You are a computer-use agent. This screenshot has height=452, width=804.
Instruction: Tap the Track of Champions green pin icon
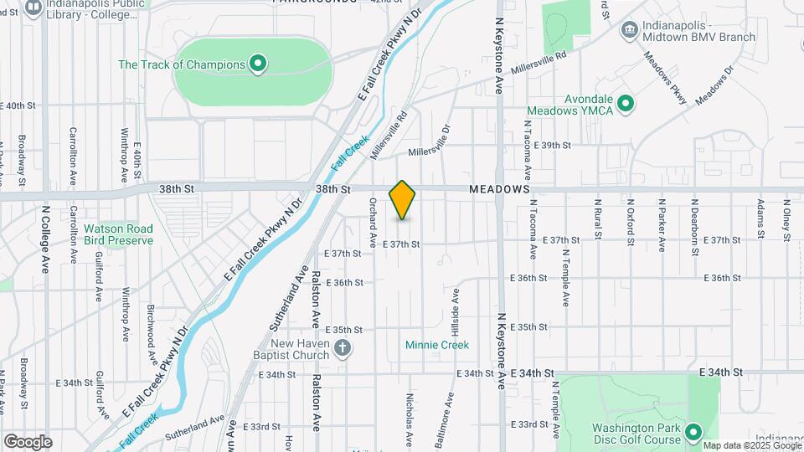[x=259, y=64]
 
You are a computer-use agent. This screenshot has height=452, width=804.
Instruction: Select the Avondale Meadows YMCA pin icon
[x=623, y=105]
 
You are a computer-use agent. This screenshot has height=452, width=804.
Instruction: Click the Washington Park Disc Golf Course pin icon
[x=693, y=433]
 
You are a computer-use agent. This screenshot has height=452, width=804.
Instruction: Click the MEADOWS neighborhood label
[x=499, y=190]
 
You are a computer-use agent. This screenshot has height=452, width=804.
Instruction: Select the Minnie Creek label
[x=436, y=345]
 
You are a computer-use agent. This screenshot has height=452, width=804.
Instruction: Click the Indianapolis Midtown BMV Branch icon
[x=627, y=30]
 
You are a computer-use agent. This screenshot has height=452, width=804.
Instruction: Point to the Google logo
[x=28, y=442]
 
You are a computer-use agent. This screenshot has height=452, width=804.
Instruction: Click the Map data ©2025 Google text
[x=752, y=445]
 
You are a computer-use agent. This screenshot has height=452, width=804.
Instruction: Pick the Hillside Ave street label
[x=456, y=308]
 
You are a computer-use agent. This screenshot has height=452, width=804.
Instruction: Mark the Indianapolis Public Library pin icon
[x=33, y=8]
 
